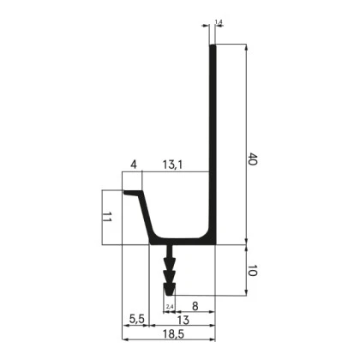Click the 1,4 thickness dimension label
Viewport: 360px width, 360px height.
coord(219,22)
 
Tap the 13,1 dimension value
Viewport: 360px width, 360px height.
coord(172,165)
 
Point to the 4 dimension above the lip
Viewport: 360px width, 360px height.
coord(134,165)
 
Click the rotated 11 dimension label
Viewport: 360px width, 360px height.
coord(106,217)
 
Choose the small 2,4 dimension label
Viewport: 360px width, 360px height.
coord(170,307)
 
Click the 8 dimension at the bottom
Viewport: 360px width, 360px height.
coord(195,306)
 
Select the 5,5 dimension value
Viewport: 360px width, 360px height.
coord(137,319)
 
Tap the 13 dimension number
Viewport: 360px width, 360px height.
coord(183,321)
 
